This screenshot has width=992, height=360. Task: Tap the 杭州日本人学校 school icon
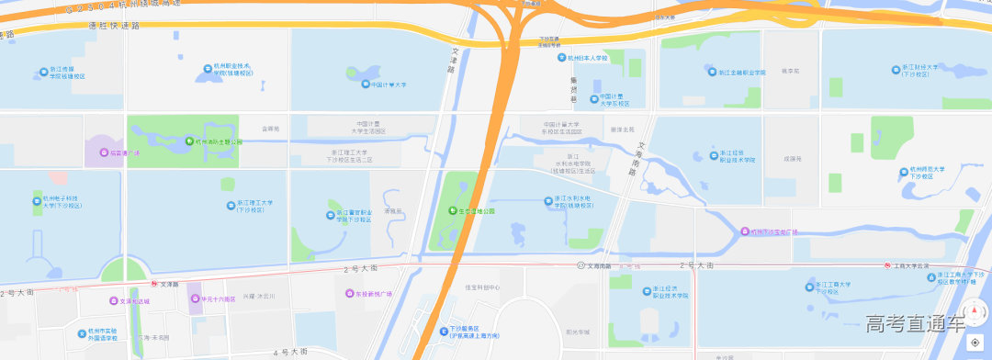pyautogui.click(x=562, y=58)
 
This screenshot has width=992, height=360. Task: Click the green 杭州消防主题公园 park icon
pyautogui.click(x=190, y=141)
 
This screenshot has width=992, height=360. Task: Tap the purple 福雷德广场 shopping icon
pyautogui.click(x=104, y=152)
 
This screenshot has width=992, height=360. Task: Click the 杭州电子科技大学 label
pyautogui.click(x=62, y=201)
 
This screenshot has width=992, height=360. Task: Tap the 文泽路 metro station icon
pyautogui.click(x=154, y=284)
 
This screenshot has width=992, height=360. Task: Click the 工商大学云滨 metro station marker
pyautogui.click(x=888, y=265)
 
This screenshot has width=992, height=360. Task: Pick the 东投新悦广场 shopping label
pyautogui.click(x=374, y=294)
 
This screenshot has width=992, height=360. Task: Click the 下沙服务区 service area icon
pyautogui.click(x=443, y=328)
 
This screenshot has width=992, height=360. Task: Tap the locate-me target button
pyautogui.click(x=975, y=343)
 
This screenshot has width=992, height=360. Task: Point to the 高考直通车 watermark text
pyautogui.click(x=915, y=323)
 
